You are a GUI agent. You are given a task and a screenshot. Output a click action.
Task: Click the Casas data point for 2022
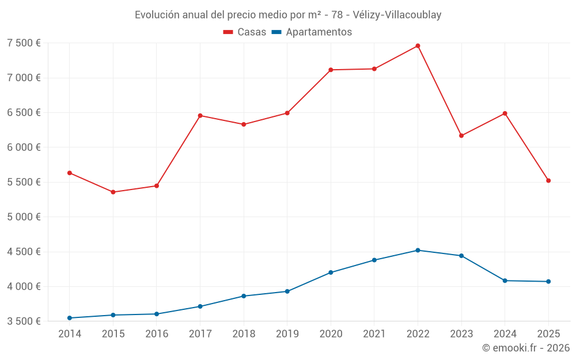pos(418,46)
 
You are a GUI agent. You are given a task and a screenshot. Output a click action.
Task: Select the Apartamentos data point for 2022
pos(418,250)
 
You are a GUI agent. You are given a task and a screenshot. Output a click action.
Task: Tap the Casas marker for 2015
pos(113,192)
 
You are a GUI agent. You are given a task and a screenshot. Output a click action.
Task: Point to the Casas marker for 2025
pos(548,180)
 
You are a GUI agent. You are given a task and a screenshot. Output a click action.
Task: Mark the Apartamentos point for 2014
pos(69,318)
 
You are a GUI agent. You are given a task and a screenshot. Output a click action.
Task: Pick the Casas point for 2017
pos(200,116)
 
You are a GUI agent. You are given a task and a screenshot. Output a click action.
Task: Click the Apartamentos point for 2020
pos(331,272)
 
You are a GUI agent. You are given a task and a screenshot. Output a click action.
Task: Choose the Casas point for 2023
pos(461,135)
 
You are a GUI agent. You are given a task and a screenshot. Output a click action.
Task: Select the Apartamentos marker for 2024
pos(505,281)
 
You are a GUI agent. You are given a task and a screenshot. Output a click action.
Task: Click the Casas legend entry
pos(245,32)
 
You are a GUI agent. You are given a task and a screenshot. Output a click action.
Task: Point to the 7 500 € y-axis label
pos(24,43)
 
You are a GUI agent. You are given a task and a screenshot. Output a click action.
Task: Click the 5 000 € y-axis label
pos(24,217)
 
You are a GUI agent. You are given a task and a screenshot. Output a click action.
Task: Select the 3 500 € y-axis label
pos(24,321)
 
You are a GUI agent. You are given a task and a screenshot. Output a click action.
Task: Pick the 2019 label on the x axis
pos(287,334)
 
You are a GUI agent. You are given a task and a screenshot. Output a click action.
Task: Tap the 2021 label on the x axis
pos(374,334)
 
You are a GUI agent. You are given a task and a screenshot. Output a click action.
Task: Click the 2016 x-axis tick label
pos(156,334)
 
